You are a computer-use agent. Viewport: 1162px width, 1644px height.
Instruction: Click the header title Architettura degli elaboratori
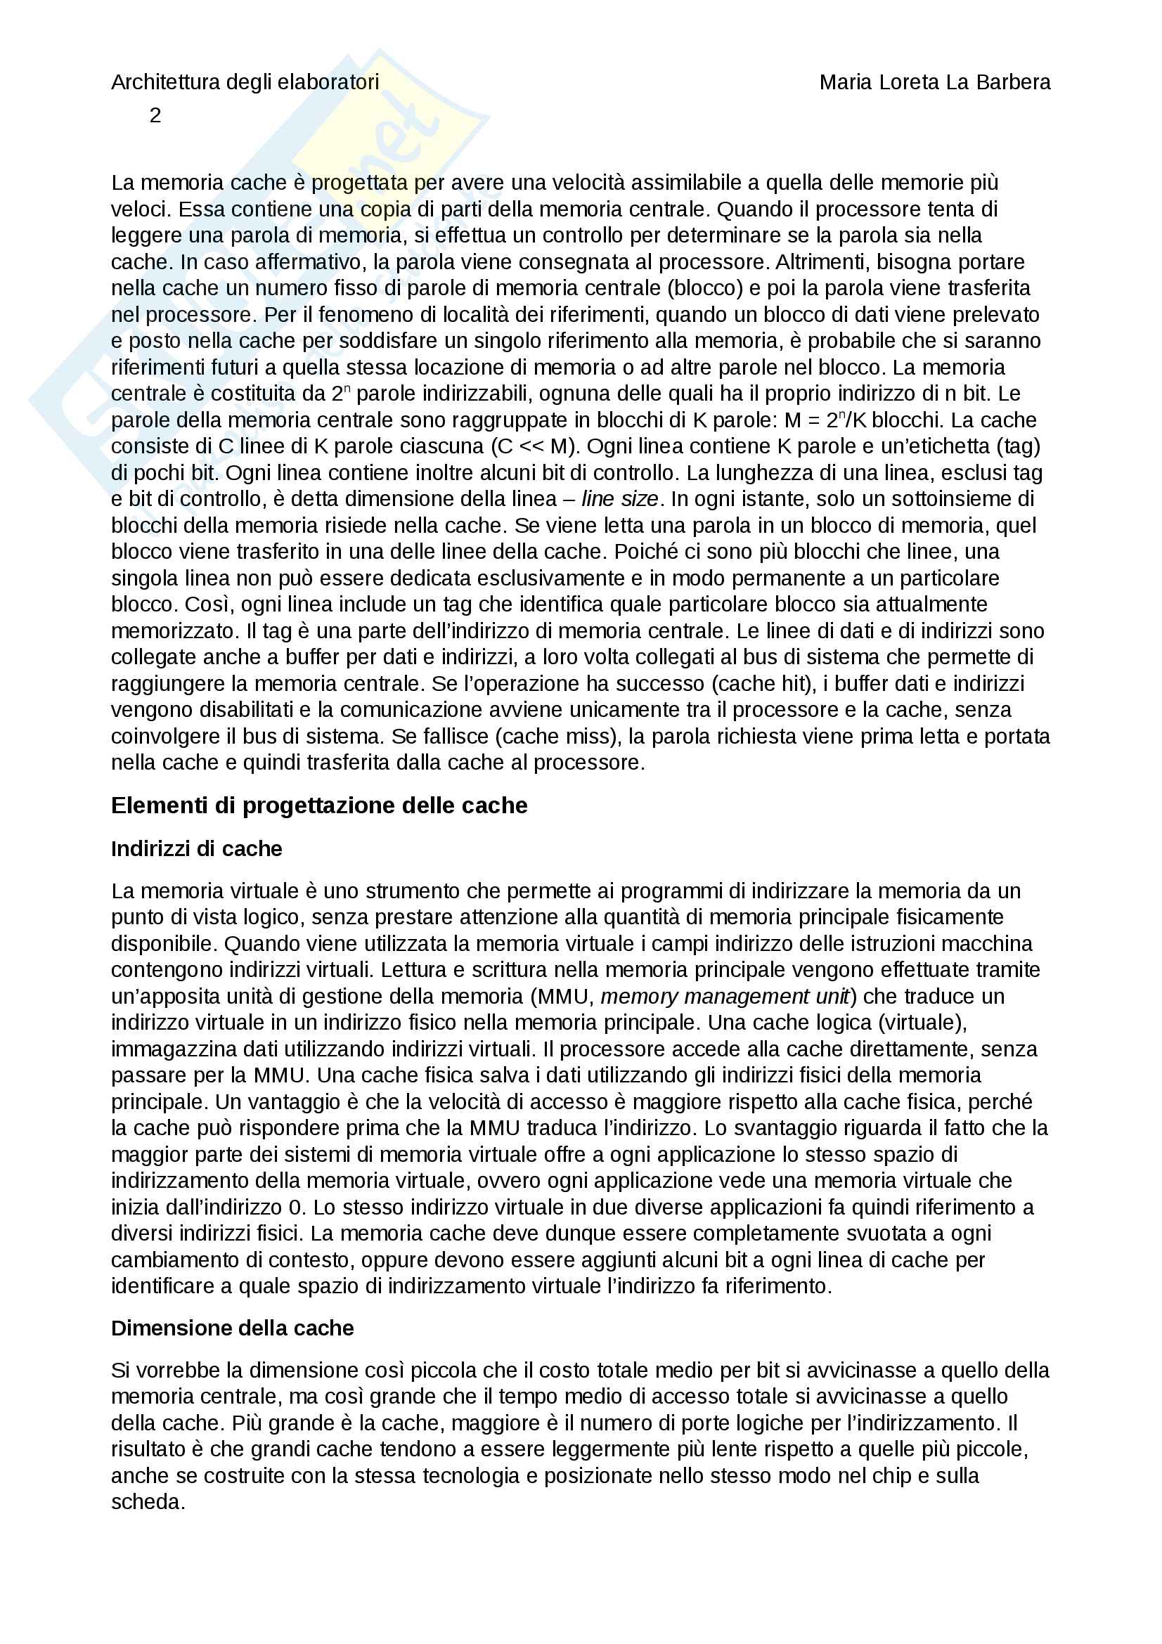245,82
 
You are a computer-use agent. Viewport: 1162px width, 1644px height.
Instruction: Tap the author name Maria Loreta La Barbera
934,82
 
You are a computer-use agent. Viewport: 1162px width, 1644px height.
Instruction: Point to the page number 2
155,115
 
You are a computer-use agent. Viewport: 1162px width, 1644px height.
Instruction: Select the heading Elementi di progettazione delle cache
318,805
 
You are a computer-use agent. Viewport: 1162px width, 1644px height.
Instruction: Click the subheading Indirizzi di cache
196,848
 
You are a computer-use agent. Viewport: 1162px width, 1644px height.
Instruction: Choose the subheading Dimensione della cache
232,1328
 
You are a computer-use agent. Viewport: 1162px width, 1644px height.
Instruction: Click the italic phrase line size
619,499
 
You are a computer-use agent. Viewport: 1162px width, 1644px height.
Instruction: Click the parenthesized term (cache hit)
764,684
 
